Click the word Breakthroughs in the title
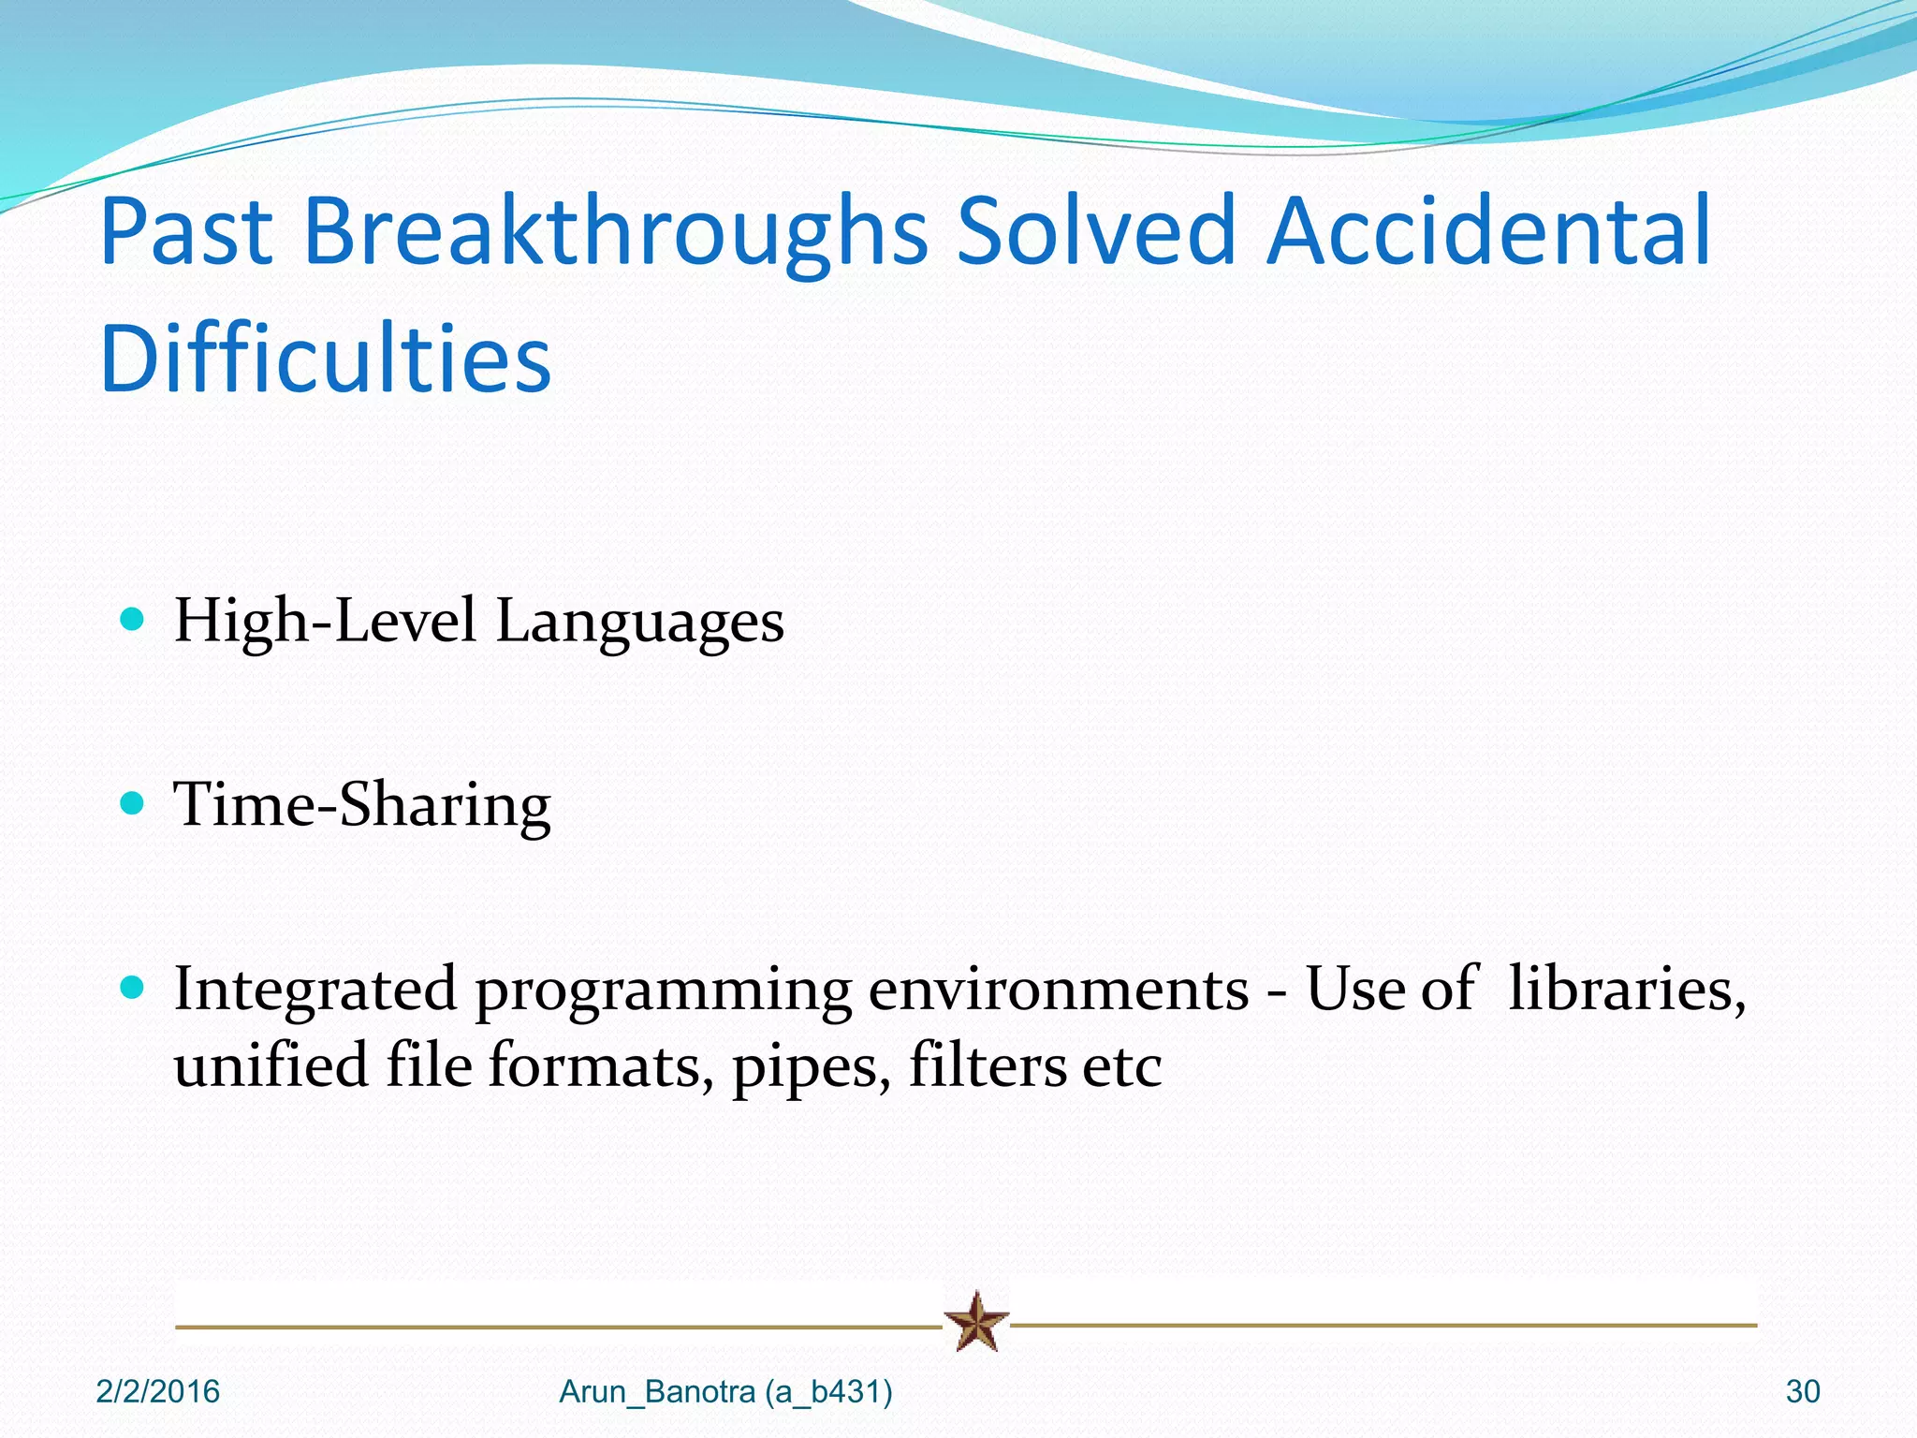click(615, 231)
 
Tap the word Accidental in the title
click(1488, 231)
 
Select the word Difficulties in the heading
click(326, 359)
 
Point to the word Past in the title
click(186, 231)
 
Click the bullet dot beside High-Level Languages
click(133, 619)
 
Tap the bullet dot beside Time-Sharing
click(133, 803)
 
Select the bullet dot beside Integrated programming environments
click(133, 987)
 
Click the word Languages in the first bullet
click(639, 623)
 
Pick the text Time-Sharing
click(362, 805)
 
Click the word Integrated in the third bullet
click(315, 990)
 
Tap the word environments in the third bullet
click(1059, 990)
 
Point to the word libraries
click(1627, 989)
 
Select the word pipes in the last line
click(811, 1067)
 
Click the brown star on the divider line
click(976, 1322)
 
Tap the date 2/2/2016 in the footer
click(158, 1392)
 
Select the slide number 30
click(1803, 1392)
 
